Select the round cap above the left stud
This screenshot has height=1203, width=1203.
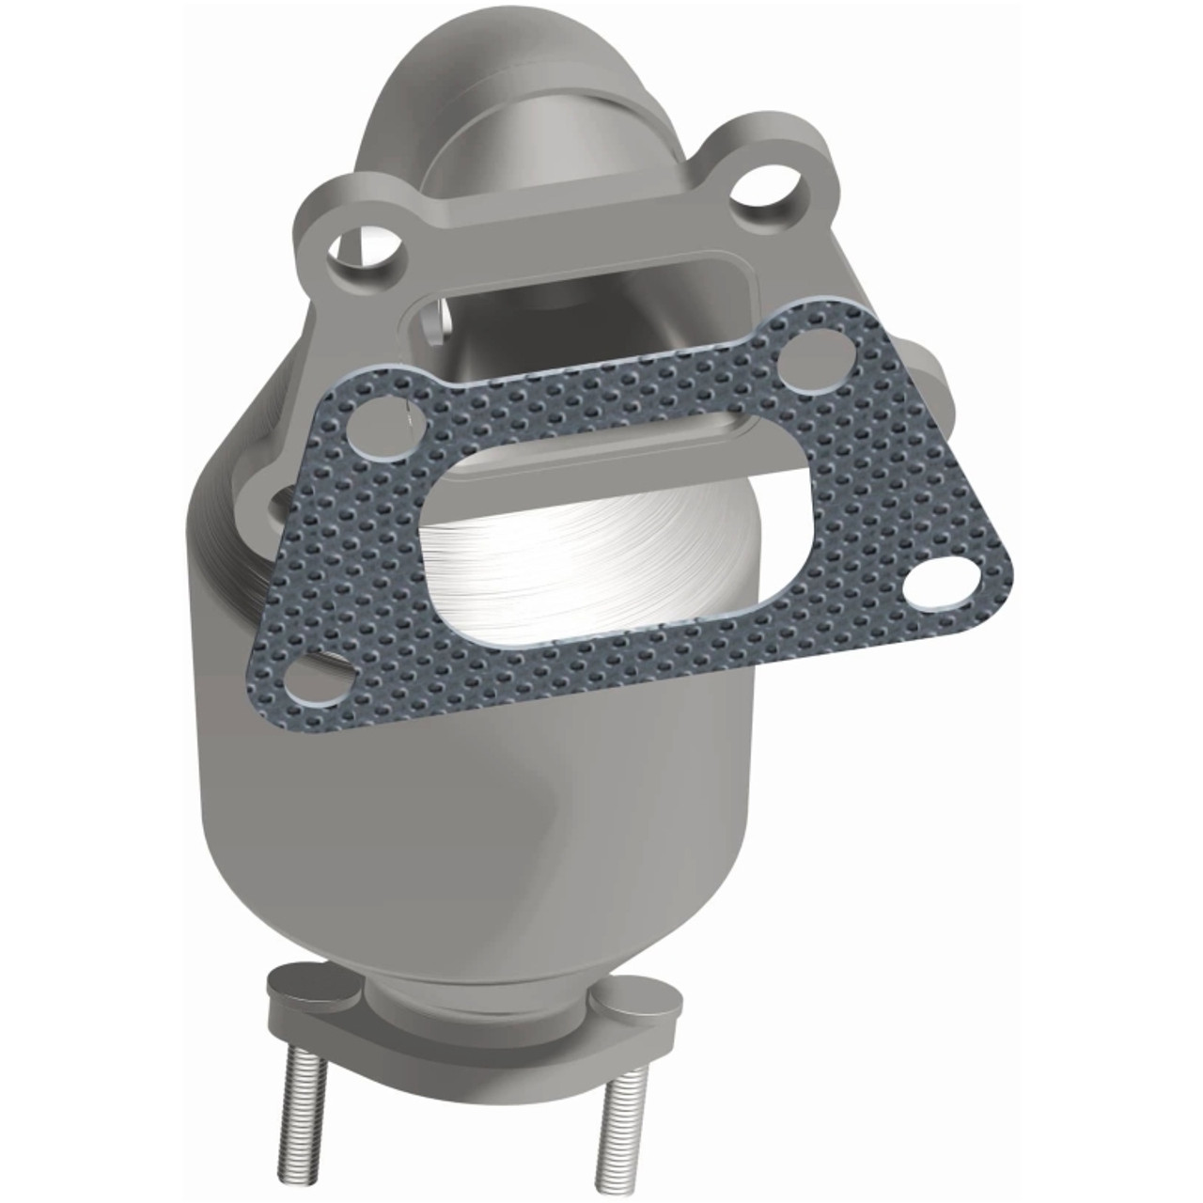pos(304,980)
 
